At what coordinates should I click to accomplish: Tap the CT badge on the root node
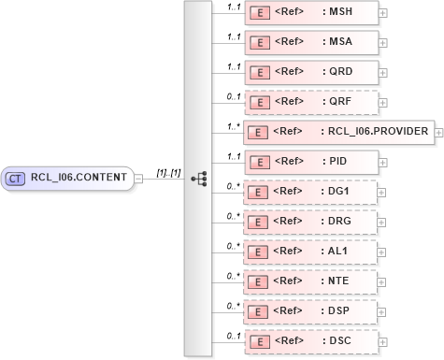click(16, 178)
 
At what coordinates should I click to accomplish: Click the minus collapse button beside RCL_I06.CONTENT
click(138, 178)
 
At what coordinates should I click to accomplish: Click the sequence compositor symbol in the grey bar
click(198, 178)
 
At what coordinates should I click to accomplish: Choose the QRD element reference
click(310, 72)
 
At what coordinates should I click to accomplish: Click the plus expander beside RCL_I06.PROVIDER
click(438, 133)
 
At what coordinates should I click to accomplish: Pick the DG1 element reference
click(310, 193)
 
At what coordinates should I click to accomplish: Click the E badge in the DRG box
click(262, 223)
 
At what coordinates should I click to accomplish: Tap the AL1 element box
click(310, 252)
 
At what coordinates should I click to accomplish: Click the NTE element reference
click(310, 282)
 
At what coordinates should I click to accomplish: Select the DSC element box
click(310, 342)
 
